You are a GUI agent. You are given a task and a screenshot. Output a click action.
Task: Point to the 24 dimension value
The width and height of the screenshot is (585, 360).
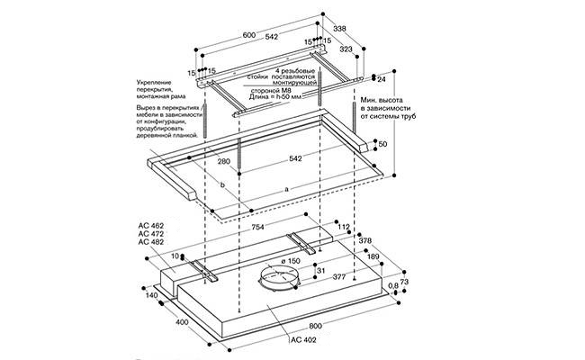click(382, 78)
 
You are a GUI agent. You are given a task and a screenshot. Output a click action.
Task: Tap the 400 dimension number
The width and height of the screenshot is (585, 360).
click(181, 322)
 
